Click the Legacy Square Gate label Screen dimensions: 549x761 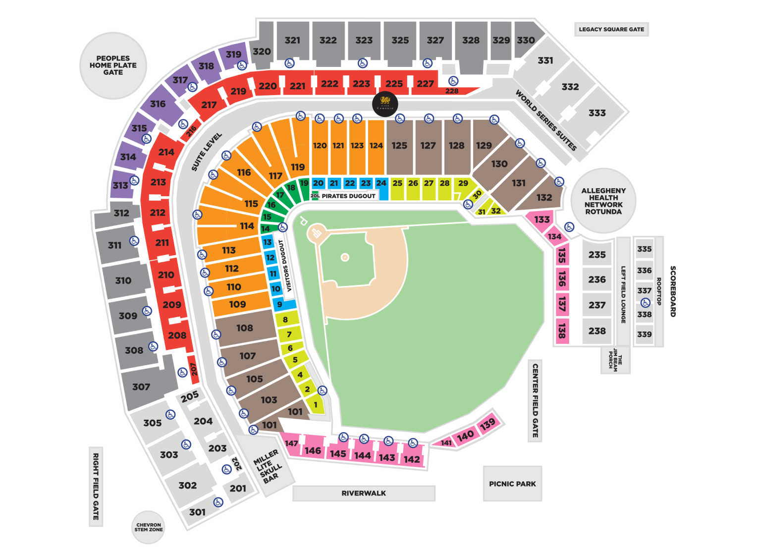point(611,29)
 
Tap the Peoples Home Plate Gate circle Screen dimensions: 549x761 point(113,65)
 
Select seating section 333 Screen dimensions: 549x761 point(597,113)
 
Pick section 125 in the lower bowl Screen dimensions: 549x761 point(399,146)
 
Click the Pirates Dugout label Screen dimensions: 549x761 point(348,196)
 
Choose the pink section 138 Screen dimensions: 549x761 point(561,330)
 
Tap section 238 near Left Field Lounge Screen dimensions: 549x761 point(597,330)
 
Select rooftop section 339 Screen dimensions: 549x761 point(644,334)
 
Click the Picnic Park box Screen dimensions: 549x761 point(512,484)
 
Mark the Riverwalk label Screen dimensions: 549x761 point(364,493)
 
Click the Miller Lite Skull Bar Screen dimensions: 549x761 point(268,466)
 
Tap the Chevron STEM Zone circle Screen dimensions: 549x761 point(149,527)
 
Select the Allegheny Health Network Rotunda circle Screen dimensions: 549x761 point(603,201)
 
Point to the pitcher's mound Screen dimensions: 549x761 point(345,257)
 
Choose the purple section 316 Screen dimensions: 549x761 point(158,104)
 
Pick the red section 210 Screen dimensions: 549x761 point(166,274)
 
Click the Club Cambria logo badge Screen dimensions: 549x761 point(385,104)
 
